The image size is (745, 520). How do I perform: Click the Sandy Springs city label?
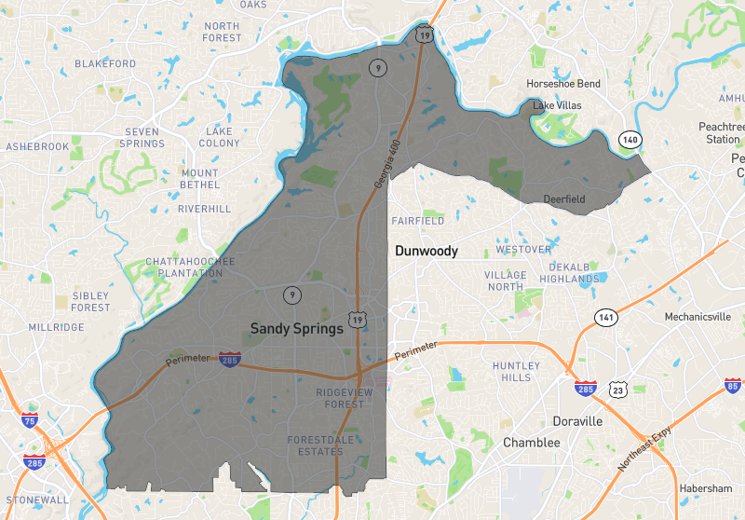click(297, 328)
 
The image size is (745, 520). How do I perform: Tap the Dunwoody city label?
click(427, 251)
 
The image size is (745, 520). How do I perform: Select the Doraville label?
click(576, 421)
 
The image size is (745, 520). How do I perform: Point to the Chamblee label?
click(532, 443)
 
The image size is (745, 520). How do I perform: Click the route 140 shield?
click(630, 139)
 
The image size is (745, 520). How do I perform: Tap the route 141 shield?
click(606, 317)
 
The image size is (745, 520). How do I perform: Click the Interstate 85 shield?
click(733, 385)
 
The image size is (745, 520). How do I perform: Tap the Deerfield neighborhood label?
click(565, 198)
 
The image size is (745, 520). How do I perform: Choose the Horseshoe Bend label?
click(563, 84)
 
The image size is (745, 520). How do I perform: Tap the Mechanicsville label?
click(698, 317)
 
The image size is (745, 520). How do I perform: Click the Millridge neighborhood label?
click(57, 327)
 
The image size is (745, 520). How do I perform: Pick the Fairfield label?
click(417, 221)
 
